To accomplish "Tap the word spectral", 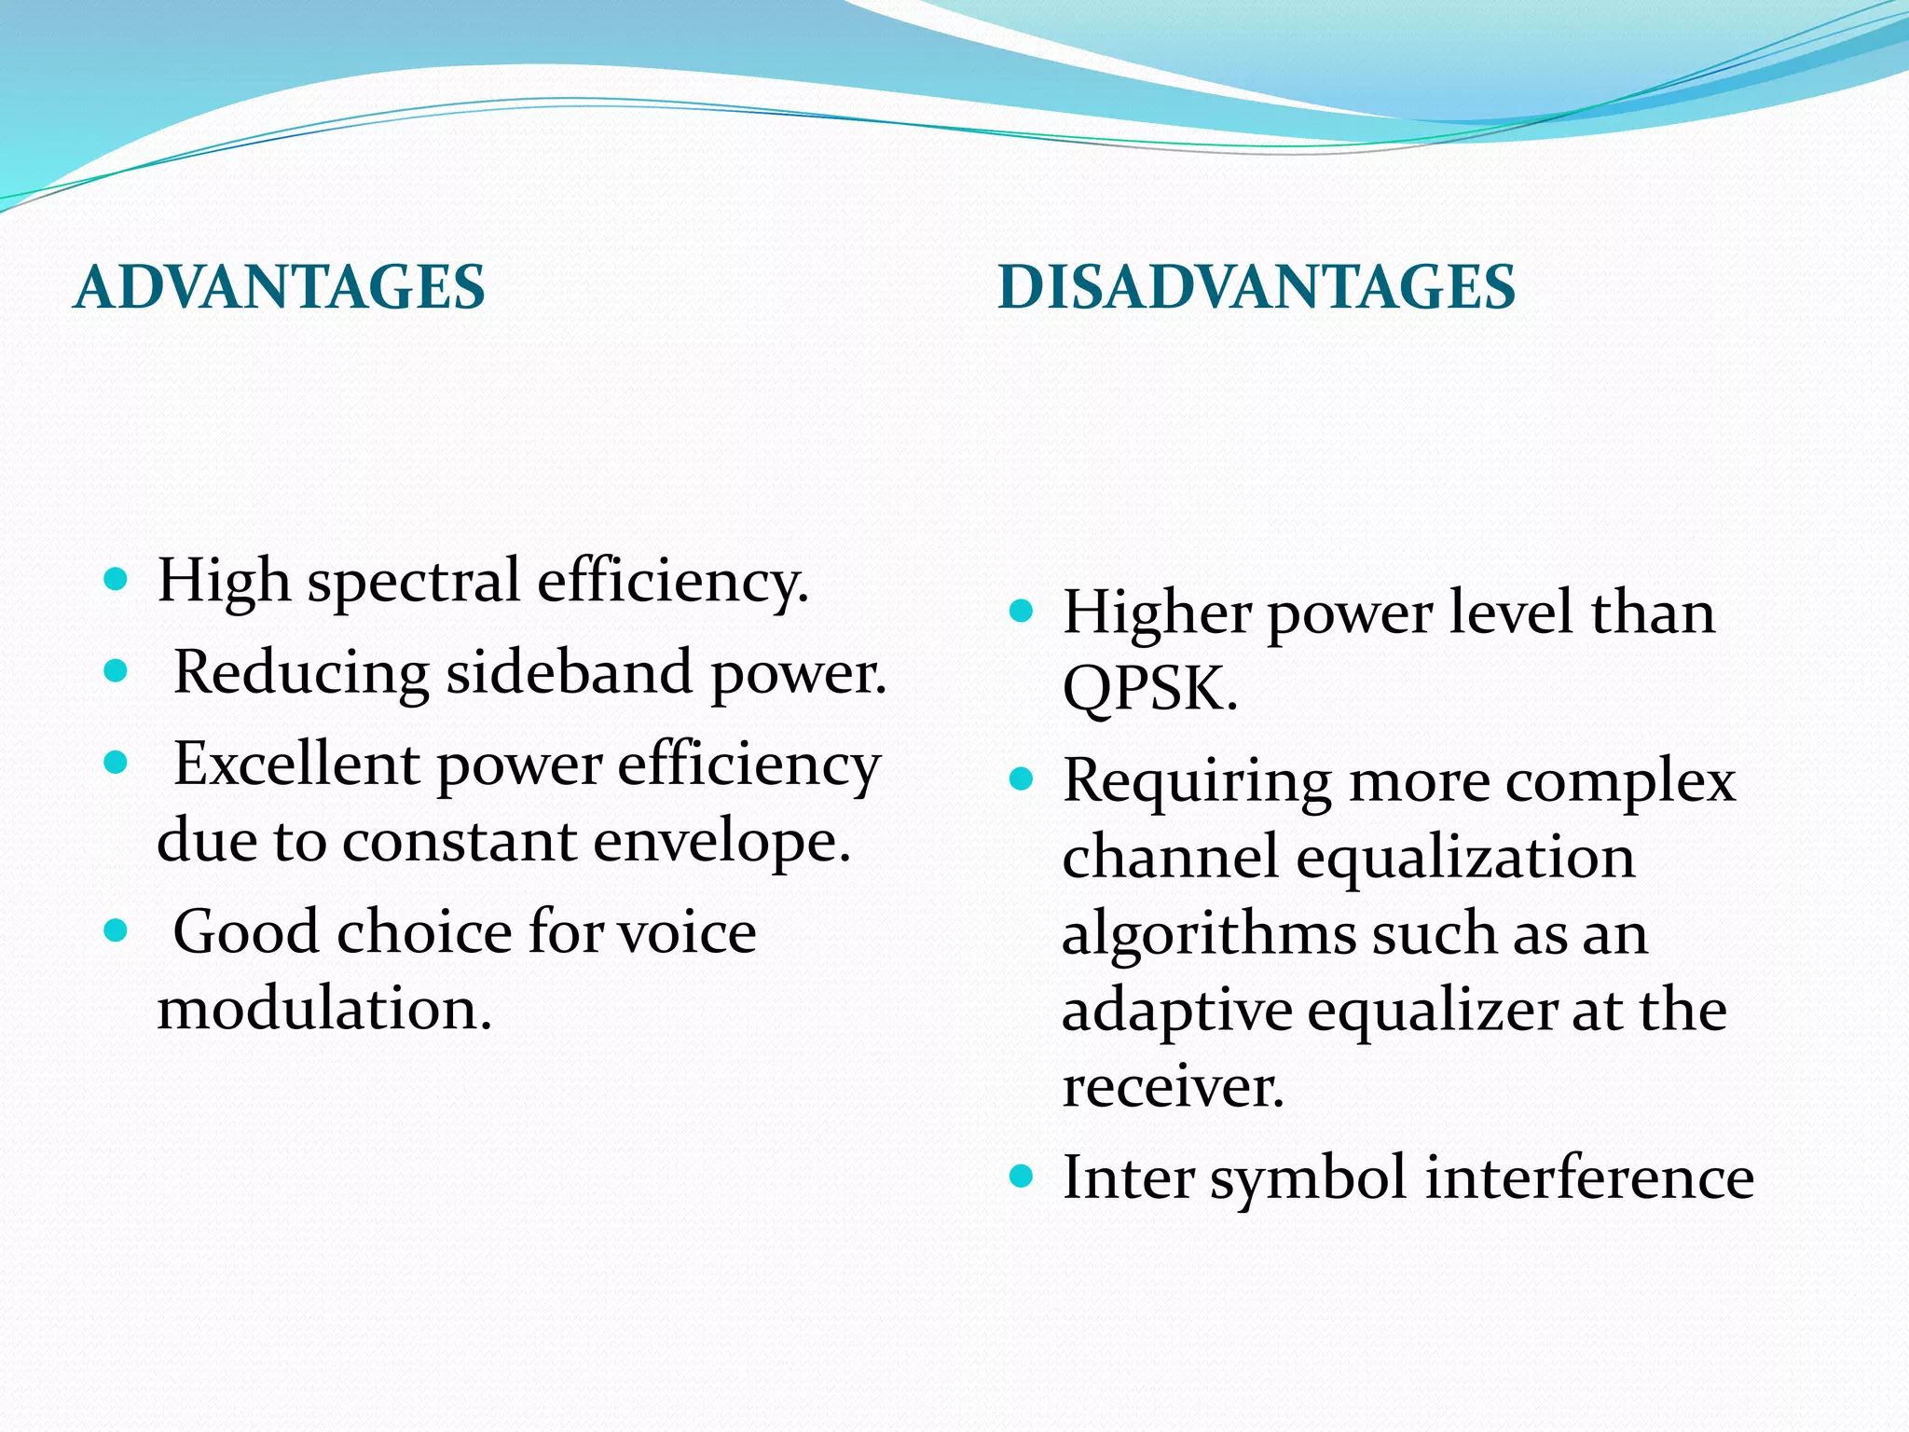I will [413, 583].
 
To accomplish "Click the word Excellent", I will [296, 764].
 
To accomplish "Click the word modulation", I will [323, 1009].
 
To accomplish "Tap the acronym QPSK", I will [1149, 690].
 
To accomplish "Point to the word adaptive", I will [1176, 1012].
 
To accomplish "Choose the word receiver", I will [1173, 1087].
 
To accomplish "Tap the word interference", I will [1589, 1177].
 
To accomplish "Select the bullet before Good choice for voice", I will [116, 930].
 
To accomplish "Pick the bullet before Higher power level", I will [1022, 612].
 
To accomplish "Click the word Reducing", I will [301, 673].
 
